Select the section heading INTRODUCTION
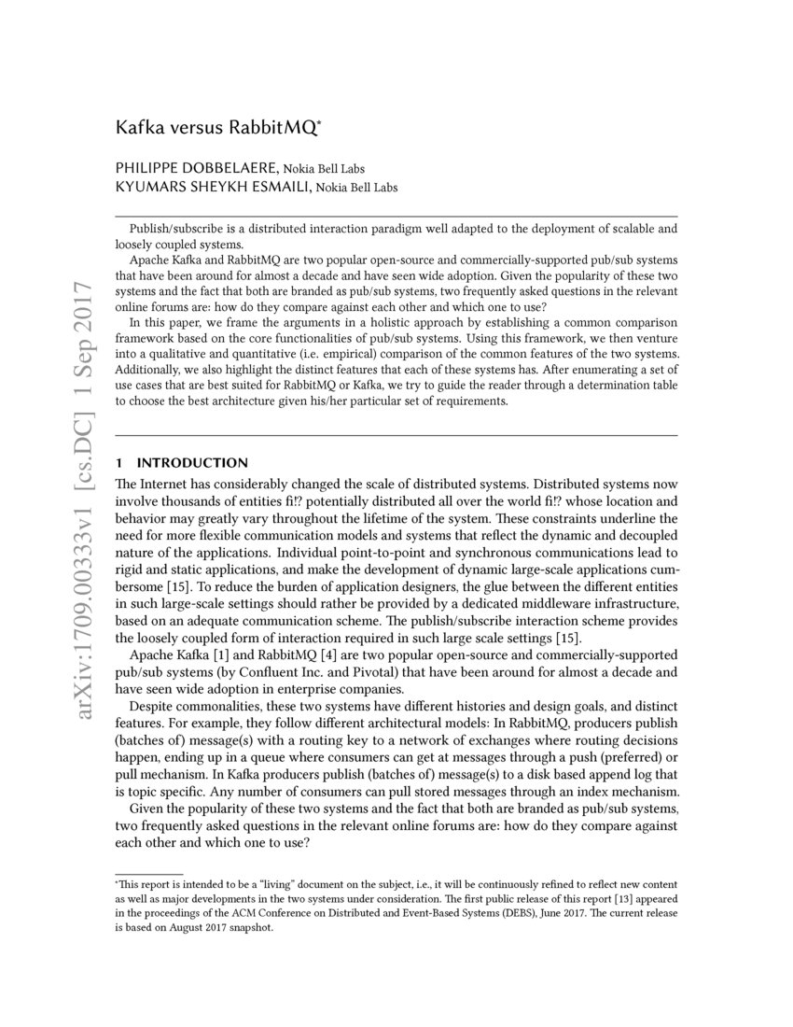[192, 463]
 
